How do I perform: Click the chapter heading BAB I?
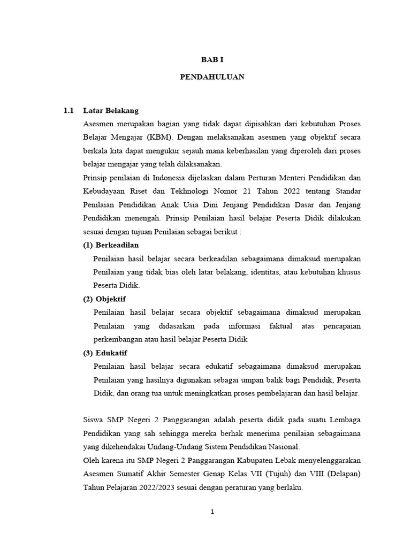(x=212, y=61)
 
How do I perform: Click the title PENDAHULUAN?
(x=212, y=77)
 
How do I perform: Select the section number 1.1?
(x=68, y=111)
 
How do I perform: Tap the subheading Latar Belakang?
(x=111, y=111)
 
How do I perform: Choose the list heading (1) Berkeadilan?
(x=111, y=245)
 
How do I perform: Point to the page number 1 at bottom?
(x=212, y=512)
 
